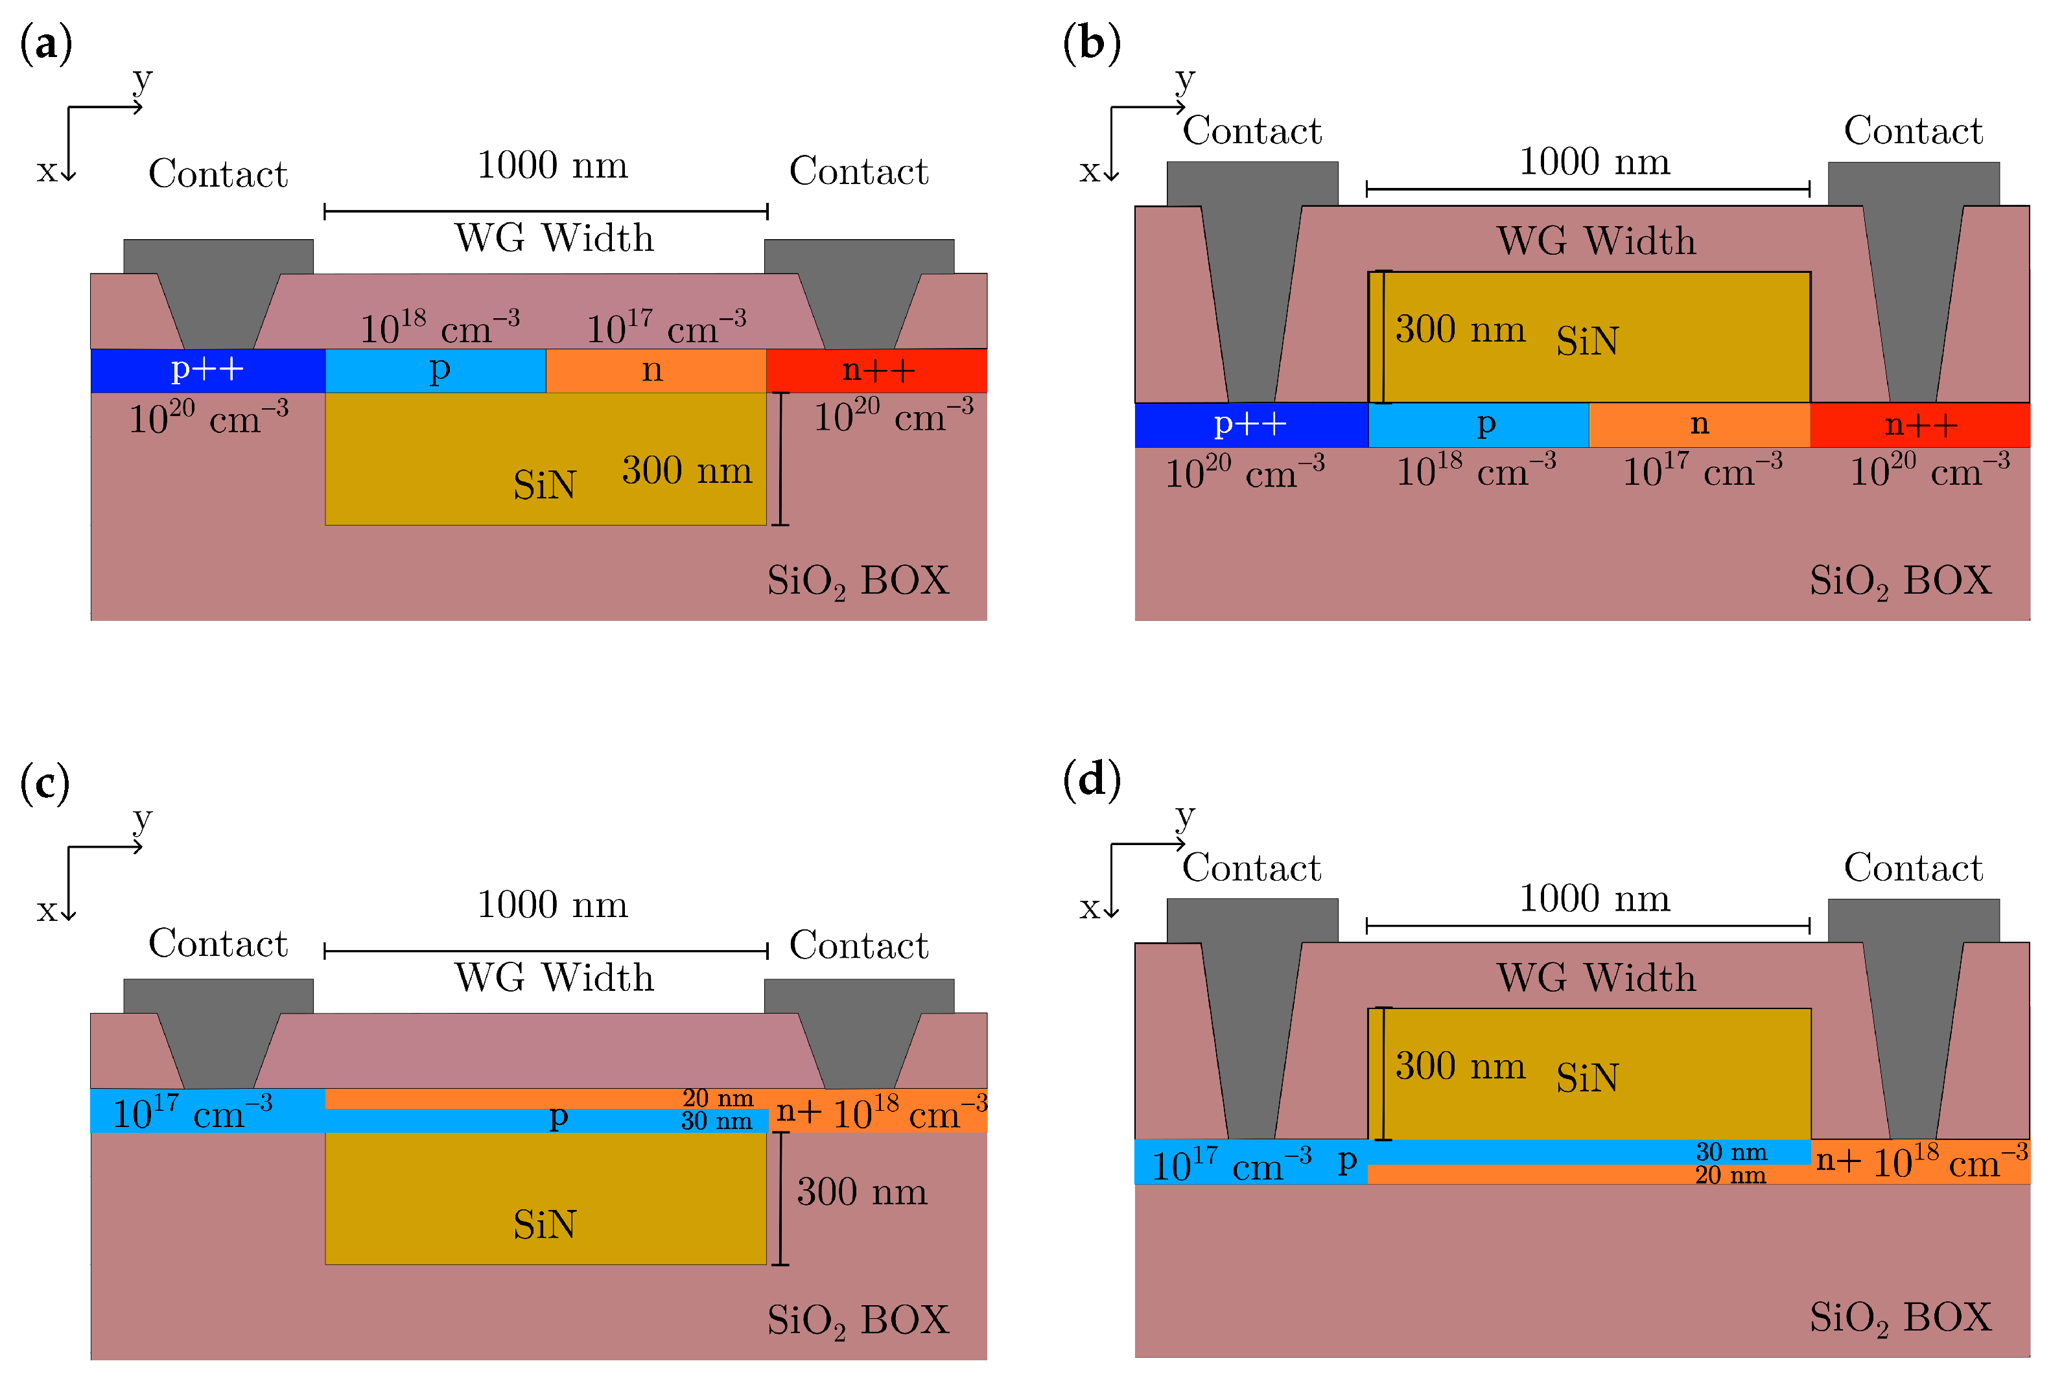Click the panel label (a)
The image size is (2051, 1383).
pos(46,44)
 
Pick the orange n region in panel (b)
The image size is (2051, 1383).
pos(1698,424)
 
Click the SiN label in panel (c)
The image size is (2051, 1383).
pos(545,1224)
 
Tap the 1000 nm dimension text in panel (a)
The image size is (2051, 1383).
pos(552,165)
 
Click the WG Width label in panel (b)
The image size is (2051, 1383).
pos(1595,241)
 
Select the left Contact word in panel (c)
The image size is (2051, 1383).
pos(218,944)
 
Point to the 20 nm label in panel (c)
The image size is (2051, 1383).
pos(717,1098)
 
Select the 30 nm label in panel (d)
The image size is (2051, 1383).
pos(1731,1152)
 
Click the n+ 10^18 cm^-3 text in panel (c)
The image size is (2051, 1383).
pos(880,1114)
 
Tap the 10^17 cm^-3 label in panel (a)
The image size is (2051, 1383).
pos(666,328)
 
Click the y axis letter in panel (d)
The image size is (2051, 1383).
pos(1185,816)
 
